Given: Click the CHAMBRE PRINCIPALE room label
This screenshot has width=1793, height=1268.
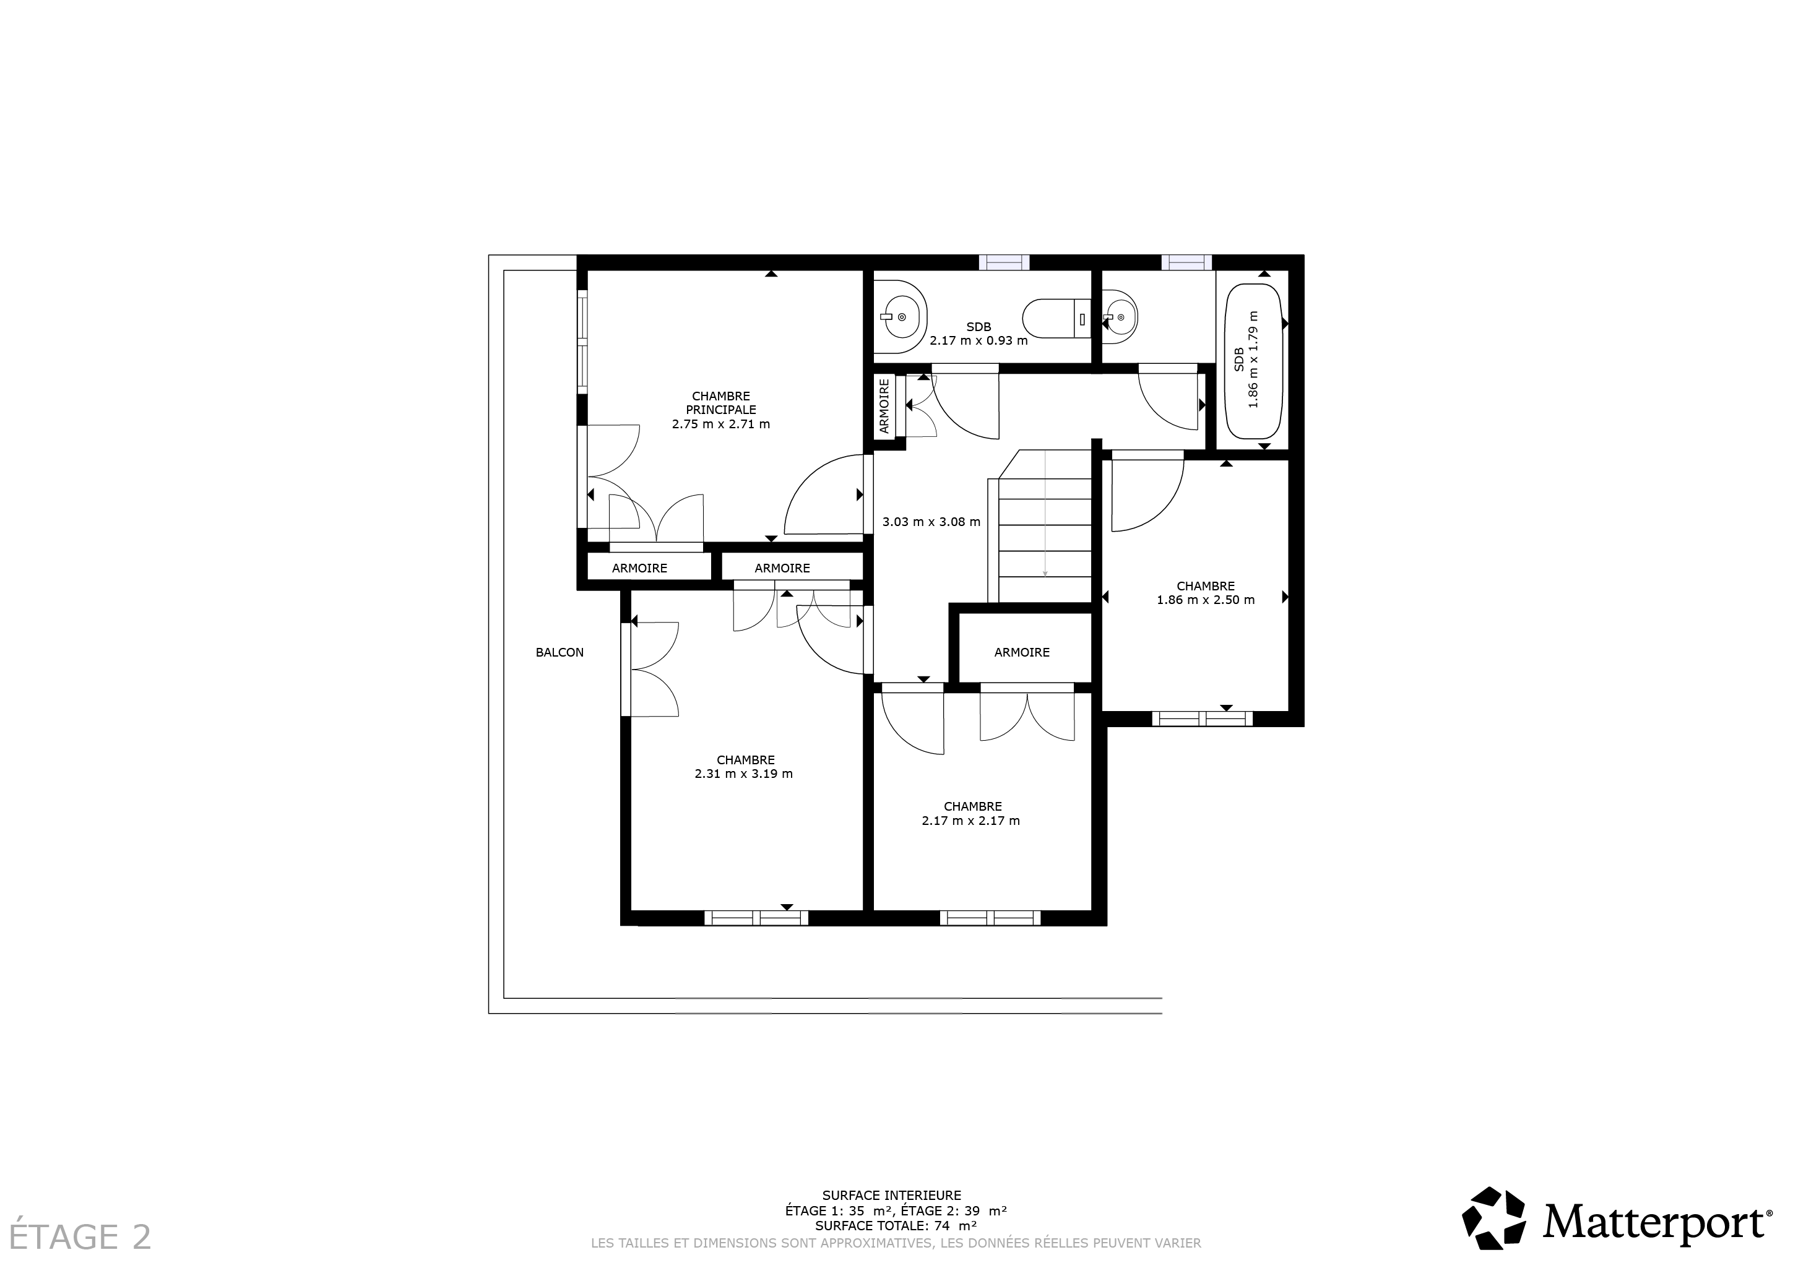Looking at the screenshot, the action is [x=721, y=403].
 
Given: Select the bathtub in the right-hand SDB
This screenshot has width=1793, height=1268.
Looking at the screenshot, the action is [x=1254, y=362].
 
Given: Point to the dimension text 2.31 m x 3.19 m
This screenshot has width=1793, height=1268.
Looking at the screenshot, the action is [x=743, y=774].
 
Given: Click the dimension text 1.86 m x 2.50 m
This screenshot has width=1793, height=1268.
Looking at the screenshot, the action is [x=1206, y=600].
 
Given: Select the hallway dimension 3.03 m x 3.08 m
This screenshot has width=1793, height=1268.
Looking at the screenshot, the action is [x=931, y=522].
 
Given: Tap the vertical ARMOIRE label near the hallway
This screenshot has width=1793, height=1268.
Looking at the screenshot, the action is [x=884, y=406].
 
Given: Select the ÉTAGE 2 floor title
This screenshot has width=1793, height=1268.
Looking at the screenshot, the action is [x=80, y=1237].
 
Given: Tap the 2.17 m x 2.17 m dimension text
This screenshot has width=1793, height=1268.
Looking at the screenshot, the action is [x=970, y=821].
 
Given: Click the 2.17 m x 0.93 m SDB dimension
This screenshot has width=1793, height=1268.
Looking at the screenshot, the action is [x=979, y=340].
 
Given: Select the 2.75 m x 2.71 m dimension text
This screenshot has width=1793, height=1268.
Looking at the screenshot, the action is [x=721, y=424].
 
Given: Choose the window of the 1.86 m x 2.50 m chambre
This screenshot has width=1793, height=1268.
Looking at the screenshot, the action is [x=1203, y=718].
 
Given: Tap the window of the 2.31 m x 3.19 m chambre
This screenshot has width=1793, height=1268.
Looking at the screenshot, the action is [x=756, y=918].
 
